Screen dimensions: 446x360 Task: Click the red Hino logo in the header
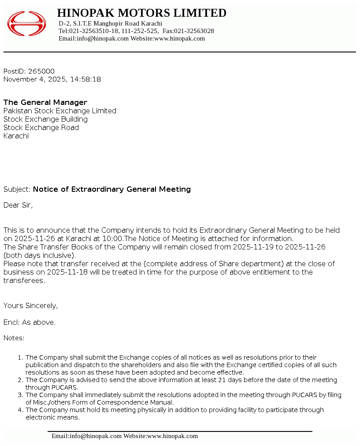click(26, 24)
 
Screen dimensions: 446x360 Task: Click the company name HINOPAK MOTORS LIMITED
click(141, 13)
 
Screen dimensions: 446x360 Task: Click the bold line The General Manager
click(45, 102)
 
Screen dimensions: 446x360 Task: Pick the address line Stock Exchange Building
click(45, 119)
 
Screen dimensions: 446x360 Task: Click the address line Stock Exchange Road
click(41, 127)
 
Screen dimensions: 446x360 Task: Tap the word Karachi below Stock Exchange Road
click(16, 136)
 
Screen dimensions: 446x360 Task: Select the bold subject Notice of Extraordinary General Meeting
click(112, 189)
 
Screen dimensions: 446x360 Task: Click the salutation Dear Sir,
click(18, 205)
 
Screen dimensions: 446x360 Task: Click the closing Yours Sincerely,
click(30, 305)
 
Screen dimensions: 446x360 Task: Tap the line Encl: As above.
click(30, 322)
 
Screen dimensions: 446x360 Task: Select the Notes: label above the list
click(14, 338)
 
